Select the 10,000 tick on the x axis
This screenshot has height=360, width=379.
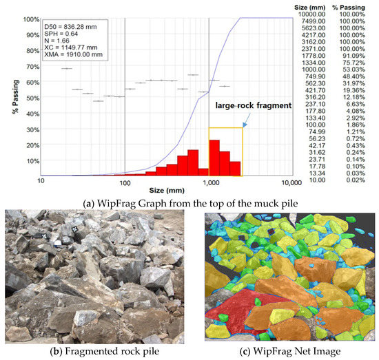(x=290, y=184)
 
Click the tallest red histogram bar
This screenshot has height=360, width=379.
(x=214, y=158)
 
